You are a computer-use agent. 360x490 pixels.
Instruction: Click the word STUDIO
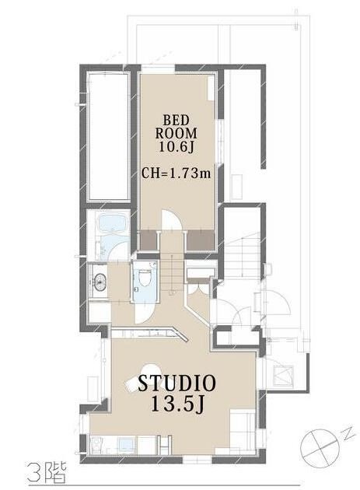pos(177,383)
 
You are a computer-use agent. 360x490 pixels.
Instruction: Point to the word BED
pos(177,120)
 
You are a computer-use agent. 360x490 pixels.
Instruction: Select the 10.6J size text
pos(176,146)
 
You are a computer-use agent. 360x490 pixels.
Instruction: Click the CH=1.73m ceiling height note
pos(177,173)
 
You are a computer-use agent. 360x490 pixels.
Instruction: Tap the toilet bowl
pos(145,277)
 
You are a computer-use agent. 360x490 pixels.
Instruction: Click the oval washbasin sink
pos(100,279)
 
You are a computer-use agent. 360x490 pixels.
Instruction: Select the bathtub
pos(114,223)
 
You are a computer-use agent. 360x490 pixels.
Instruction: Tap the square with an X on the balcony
pos(284,373)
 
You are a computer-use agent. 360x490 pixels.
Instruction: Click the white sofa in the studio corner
pos(243,431)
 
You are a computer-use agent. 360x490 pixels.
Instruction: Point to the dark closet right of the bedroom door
pos(201,240)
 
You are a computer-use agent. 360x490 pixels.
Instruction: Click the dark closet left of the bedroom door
pos(148,240)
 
